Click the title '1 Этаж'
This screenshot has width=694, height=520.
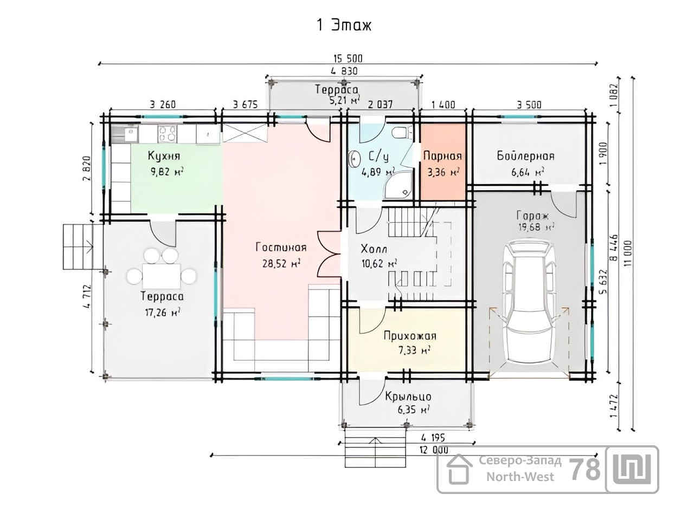(x=344, y=25)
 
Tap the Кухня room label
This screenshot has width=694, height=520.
(x=164, y=155)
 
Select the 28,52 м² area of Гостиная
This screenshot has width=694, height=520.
(x=281, y=263)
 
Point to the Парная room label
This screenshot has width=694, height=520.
(x=442, y=155)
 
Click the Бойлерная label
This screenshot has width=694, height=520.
(x=525, y=155)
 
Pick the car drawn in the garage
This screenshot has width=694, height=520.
(x=529, y=303)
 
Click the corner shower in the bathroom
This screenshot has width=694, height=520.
(x=398, y=185)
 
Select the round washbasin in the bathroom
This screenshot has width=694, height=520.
(x=354, y=159)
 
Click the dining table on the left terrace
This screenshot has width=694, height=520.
(x=161, y=276)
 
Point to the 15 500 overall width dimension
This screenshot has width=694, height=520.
(x=348, y=58)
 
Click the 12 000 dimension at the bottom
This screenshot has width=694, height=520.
(x=434, y=450)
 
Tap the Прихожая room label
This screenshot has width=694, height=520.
(x=410, y=336)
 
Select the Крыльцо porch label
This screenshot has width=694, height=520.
(x=408, y=396)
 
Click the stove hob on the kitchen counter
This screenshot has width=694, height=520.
(x=167, y=134)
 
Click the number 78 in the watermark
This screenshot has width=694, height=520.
(x=584, y=470)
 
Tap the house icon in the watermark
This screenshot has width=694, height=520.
(x=459, y=469)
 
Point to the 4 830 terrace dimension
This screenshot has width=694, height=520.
(x=344, y=71)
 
